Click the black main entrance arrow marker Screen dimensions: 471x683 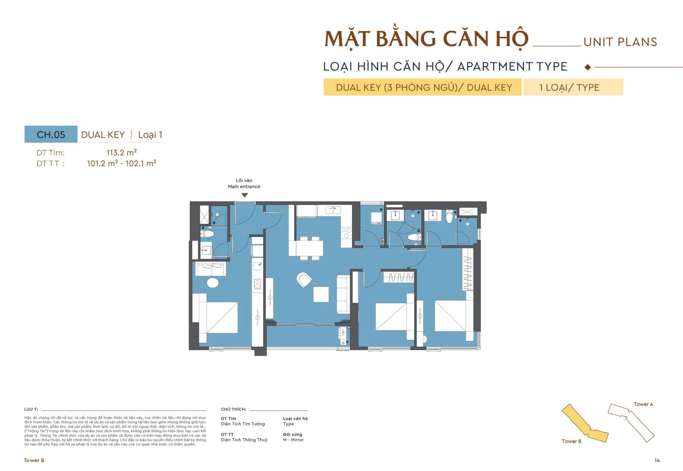click(245, 195)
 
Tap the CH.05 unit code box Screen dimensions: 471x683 click(51, 135)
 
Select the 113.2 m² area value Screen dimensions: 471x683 click(121, 153)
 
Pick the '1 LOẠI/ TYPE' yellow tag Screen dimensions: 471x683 click(573, 87)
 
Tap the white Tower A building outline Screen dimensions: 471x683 click(631, 421)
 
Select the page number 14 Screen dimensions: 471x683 click(657, 460)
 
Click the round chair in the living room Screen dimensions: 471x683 click(305, 279)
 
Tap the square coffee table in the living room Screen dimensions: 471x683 click(321, 294)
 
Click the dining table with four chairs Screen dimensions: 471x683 click(306, 248)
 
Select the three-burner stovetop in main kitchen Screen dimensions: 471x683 click(346, 233)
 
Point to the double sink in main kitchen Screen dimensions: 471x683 click(332, 209)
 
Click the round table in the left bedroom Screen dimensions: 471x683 click(213, 283)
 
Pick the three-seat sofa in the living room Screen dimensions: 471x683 click(343, 294)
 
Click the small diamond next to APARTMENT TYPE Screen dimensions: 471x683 click(588, 67)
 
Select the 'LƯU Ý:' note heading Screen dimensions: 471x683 click(31, 409)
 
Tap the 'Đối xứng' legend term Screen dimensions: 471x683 click(293, 435)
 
